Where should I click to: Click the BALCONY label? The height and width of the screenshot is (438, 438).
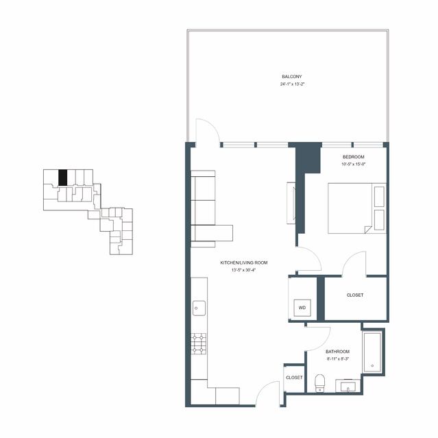[291, 77]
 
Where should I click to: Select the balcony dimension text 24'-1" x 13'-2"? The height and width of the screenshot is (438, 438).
[291, 84]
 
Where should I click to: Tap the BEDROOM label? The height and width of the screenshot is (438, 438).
[354, 157]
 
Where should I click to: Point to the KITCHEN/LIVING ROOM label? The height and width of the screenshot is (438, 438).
[244, 263]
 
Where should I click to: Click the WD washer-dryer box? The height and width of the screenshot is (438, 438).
[302, 308]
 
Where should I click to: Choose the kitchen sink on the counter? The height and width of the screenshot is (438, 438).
[199, 308]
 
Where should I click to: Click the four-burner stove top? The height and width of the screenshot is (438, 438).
[199, 344]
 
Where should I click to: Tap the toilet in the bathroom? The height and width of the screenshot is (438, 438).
[319, 383]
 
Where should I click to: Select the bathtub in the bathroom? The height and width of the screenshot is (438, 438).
[372, 352]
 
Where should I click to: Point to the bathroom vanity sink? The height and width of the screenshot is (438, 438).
[348, 387]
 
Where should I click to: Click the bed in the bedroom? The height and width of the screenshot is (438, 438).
[357, 208]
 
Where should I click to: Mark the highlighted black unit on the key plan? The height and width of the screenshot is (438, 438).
[63, 178]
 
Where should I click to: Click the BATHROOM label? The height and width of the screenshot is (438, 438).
[337, 352]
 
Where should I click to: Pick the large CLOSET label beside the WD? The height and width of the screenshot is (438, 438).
[355, 295]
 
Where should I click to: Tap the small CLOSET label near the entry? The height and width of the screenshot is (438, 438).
[294, 378]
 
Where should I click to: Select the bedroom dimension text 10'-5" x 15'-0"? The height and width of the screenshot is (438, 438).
[354, 165]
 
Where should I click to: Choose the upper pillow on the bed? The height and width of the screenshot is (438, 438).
[379, 197]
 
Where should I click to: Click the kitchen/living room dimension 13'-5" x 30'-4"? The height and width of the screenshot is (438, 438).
[244, 270]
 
